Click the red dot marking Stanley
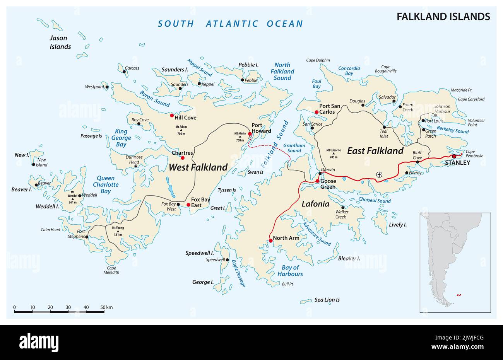(x=454, y=156)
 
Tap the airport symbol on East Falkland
(x=379, y=175)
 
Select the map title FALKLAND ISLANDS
(x=443, y=17)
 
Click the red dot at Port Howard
(x=250, y=134)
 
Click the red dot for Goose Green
(x=318, y=181)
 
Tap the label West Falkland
(x=198, y=167)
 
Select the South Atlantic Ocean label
(x=230, y=24)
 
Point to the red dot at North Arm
(x=270, y=241)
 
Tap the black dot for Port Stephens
(x=87, y=237)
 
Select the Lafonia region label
(x=315, y=204)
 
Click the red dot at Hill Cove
(x=172, y=115)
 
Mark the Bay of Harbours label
(x=290, y=271)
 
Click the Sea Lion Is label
(x=327, y=300)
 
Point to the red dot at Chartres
(x=183, y=158)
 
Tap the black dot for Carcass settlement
(x=124, y=72)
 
